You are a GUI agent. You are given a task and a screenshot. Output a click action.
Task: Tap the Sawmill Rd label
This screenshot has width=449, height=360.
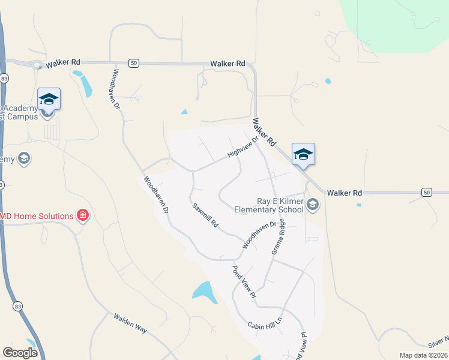click(205, 215)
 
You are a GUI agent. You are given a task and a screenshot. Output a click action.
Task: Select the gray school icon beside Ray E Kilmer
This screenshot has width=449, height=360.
click(313, 205)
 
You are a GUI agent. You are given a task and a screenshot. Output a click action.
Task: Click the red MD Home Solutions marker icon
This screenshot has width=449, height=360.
click(83, 215)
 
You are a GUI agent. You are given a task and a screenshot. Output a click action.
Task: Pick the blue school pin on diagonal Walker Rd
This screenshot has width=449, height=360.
click(303, 154)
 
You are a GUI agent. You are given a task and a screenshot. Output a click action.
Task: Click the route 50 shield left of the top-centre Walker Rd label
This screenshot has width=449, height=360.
click(134, 63)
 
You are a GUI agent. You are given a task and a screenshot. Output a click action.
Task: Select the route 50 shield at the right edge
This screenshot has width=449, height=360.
click(426, 192)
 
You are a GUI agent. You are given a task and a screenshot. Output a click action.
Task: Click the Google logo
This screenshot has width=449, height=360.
click(20, 353)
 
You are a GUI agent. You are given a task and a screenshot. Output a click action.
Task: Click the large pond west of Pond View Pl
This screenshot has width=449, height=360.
click(205, 292)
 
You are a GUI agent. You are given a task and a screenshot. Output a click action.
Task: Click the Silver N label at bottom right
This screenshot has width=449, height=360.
click(438, 342)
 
